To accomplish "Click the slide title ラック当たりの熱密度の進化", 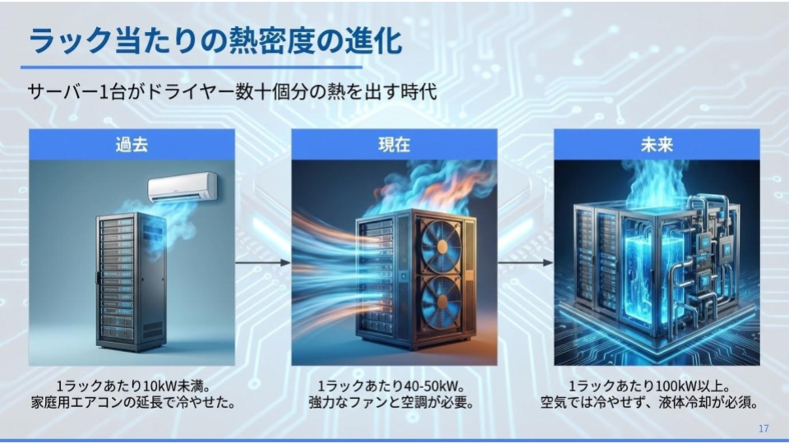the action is click(215, 41).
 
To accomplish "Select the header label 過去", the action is click(131, 145).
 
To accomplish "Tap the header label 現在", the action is click(394, 145).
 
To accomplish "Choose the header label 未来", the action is click(657, 145).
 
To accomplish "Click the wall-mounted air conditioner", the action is click(182, 187).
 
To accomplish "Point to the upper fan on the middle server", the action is click(441, 246).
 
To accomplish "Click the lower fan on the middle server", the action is click(441, 301).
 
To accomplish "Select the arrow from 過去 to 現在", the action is click(263, 262).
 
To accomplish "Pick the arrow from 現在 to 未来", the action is click(525, 262).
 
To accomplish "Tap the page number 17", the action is click(764, 428).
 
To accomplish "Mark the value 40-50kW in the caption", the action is click(429, 386).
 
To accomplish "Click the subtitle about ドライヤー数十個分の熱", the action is click(232, 92).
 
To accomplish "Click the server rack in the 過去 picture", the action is click(131, 282).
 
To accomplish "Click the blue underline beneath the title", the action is click(191, 67).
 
